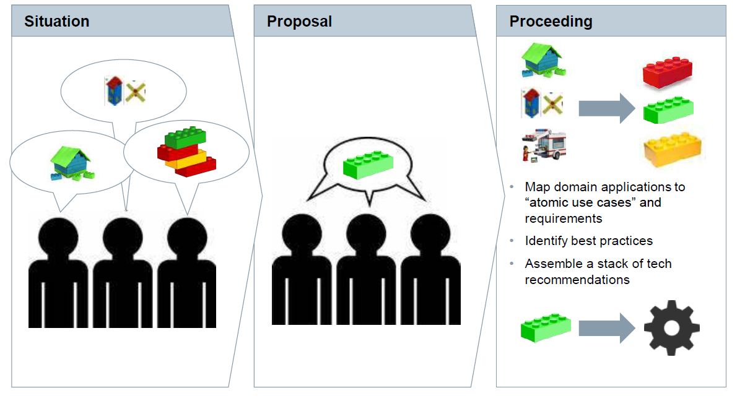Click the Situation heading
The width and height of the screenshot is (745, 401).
(x=57, y=22)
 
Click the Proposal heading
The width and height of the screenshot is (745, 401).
(x=299, y=22)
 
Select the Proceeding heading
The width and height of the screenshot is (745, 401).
(x=551, y=22)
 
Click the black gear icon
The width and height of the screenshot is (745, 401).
(x=672, y=327)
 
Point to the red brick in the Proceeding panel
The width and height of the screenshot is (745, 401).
(x=666, y=72)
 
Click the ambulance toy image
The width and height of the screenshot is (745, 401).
(x=543, y=146)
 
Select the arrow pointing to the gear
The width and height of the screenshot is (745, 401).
(x=606, y=328)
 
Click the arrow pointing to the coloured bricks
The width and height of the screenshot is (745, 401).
(x=606, y=108)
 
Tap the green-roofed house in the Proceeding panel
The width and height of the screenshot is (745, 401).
(x=543, y=60)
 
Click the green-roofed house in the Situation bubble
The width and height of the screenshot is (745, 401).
(x=70, y=163)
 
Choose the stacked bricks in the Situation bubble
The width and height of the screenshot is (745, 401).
(x=186, y=152)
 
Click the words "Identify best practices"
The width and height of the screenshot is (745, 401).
(x=588, y=241)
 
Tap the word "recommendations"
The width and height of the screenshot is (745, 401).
(x=577, y=280)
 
